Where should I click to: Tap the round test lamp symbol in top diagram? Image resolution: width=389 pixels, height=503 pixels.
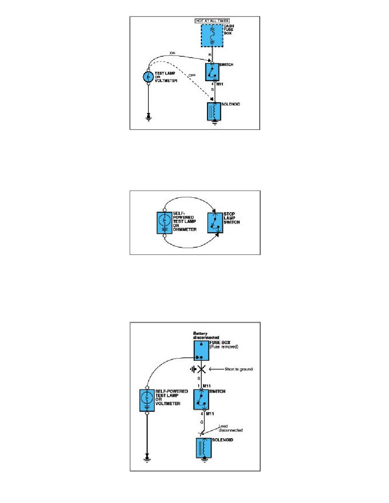click(x=148, y=77)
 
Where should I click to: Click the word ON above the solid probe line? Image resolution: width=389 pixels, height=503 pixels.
click(x=172, y=53)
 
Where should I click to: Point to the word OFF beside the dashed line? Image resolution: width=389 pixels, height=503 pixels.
click(x=186, y=75)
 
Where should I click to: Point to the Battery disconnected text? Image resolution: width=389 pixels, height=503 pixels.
click(x=202, y=335)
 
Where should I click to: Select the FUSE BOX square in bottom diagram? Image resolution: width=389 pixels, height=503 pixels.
click(x=201, y=350)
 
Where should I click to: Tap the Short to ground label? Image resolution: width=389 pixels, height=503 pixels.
click(x=238, y=369)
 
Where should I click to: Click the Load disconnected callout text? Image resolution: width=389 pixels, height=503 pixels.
click(x=231, y=428)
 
